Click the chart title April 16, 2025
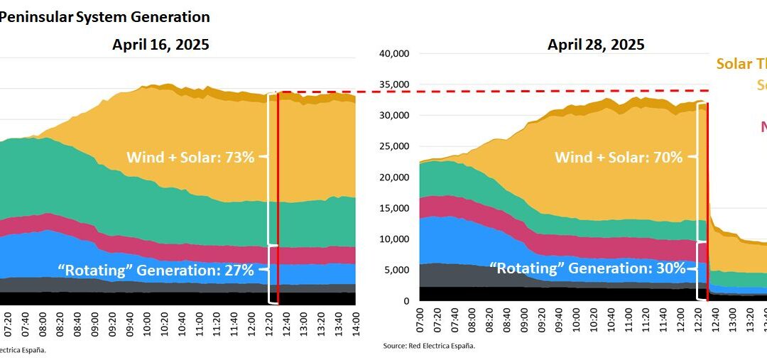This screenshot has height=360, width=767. [161, 45]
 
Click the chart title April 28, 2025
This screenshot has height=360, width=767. [596, 45]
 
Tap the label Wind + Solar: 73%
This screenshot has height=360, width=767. [190, 157]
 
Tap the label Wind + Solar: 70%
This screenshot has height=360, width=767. [619, 157]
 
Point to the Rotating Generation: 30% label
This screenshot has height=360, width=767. [588, 268]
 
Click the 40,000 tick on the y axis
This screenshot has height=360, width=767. [393, 53]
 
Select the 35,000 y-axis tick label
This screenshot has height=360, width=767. [393, 84]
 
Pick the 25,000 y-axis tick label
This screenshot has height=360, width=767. [393, 146]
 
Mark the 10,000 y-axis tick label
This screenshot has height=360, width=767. [393, 239]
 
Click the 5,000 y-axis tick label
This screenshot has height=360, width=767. [396, 270]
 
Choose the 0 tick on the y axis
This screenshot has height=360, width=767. [406, 301]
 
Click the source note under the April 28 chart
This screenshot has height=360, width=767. [428, 346]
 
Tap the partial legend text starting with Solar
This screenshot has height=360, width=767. [741, 64]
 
